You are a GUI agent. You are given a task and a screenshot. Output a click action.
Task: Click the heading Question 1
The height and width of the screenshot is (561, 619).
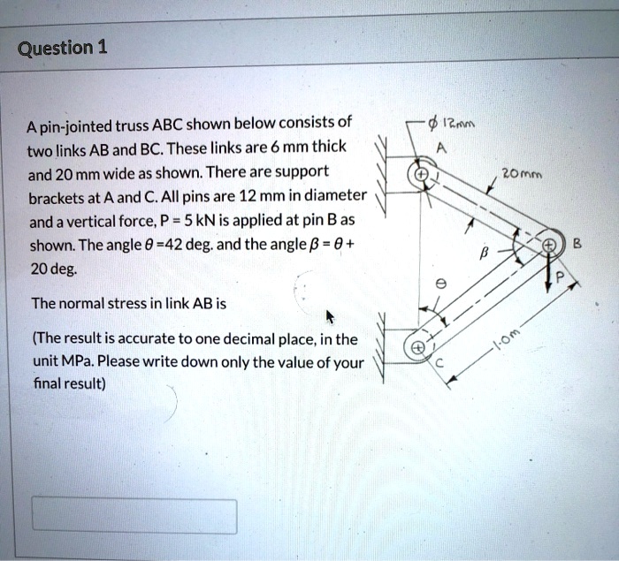coord(63,47)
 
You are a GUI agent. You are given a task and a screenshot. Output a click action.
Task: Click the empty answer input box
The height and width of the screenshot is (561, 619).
coord(134,517)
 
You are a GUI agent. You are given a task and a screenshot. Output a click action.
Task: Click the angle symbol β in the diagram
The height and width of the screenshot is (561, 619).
coord(483,254)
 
